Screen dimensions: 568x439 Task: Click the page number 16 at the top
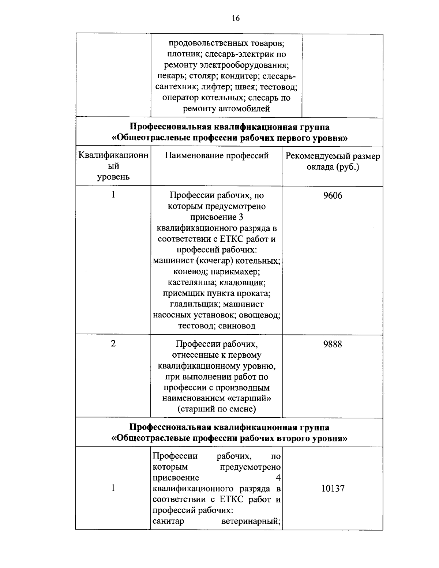(236, 18)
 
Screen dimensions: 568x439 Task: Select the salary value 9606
(333, 196)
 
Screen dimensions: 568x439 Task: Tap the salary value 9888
(333, 344)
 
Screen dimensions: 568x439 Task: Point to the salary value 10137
(333, 489)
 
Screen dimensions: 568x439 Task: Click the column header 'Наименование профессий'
(217, 156)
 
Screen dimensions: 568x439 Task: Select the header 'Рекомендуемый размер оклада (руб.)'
(333, 162)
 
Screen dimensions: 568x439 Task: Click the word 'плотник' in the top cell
(179, 54)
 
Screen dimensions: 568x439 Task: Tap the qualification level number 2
(113, 343)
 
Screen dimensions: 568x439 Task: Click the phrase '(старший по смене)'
(217, 409)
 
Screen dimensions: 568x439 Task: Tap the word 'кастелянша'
(189, 283)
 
